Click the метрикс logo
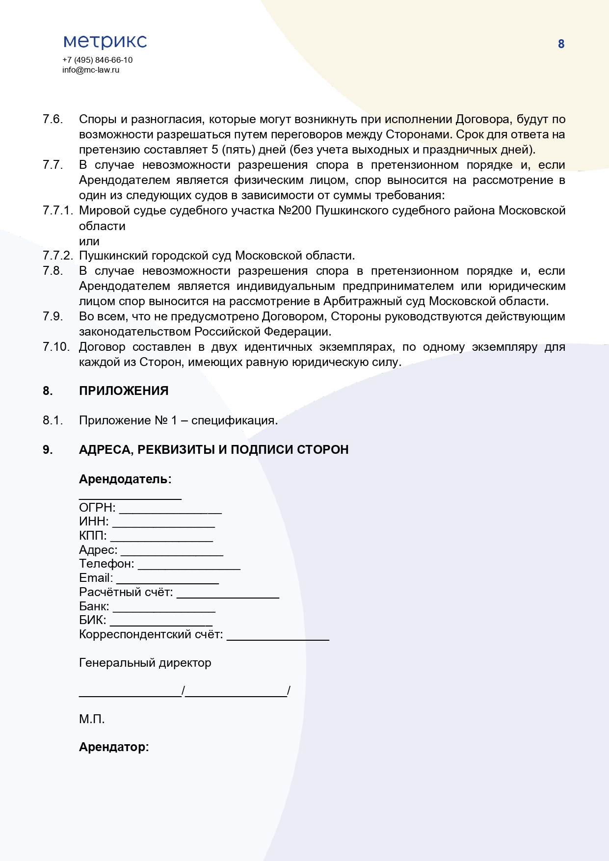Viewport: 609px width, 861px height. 105,42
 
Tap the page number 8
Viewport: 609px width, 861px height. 561,44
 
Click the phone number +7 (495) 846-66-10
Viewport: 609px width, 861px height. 97,60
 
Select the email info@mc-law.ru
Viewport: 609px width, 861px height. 91,70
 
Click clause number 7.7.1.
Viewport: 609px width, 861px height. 57,210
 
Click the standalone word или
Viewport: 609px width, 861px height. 89,241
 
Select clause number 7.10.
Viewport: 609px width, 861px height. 56,347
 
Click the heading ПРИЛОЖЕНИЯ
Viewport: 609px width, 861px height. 124,391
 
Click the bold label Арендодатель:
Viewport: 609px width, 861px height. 125,479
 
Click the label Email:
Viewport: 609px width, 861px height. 96,578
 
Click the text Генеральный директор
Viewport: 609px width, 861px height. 145,663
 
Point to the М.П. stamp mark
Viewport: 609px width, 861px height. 92,719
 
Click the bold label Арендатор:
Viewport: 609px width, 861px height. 114,747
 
